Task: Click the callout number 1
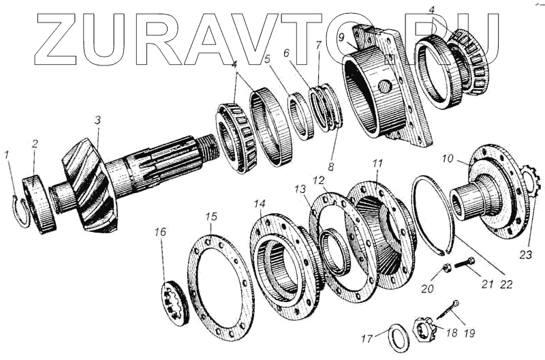[7, 155]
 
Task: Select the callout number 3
[97, 120]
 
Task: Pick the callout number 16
[160, 233]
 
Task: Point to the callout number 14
[260, 203]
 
